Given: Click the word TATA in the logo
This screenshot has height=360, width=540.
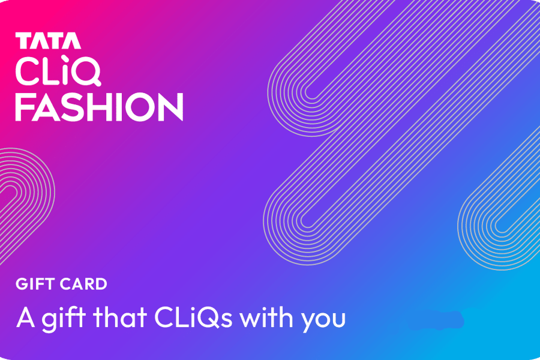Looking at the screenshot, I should click(48, 41).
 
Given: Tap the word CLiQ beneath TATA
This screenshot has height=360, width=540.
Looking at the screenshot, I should click(58, 72).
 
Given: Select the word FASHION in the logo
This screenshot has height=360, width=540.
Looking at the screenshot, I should click(99, 107).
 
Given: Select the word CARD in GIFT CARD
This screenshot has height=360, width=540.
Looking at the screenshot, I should click(84, 284).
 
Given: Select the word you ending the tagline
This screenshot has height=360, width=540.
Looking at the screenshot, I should click(323, 319).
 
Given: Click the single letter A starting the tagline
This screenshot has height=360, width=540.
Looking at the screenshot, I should click(25, 317).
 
